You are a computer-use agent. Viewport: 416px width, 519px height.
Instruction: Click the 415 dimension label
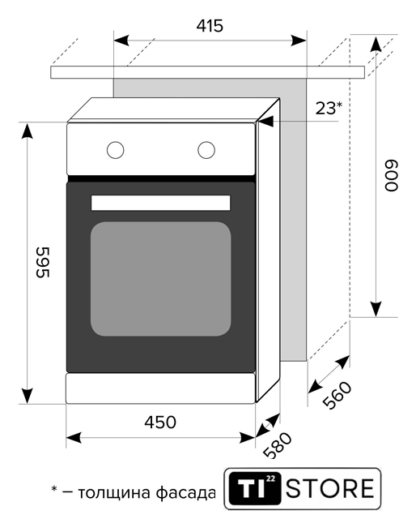click(210, 26)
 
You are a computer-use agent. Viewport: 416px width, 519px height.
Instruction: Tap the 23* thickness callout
click(329, 108)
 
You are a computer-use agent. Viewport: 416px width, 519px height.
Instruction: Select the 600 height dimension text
click(391, 175)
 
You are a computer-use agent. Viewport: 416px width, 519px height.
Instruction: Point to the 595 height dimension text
click(43, 262)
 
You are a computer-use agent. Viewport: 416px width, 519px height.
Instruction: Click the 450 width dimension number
click(160, 422)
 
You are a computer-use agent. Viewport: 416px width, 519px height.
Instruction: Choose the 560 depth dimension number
click(337, 396)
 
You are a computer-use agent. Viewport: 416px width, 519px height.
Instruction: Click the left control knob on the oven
click(115, 150)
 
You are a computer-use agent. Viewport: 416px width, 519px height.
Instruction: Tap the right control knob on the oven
click(206, 150)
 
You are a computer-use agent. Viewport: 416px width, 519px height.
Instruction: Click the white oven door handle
click(160, 203)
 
